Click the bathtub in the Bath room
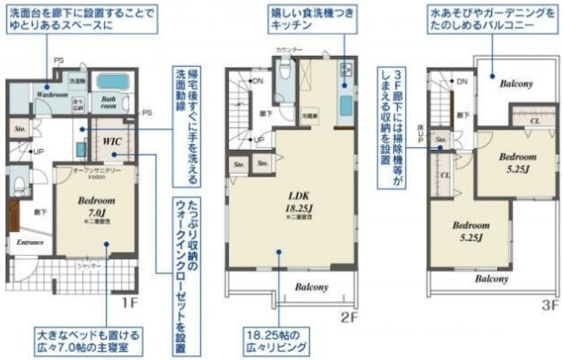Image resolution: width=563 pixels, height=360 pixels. click(113, 81)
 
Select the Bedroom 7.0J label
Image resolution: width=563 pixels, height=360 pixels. click(96, 205)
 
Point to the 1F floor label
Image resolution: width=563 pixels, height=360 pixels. click(129, 304)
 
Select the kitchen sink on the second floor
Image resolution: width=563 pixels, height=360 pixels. click(346, 105)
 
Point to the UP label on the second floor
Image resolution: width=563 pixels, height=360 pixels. click(260, 139)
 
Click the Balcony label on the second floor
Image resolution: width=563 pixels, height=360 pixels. click(311, 287)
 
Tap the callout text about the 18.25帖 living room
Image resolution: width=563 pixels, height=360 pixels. click(275, 340)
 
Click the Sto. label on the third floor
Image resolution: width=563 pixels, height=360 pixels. click(441, 139)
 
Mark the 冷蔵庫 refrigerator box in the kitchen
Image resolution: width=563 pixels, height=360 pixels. click(309, 114)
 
